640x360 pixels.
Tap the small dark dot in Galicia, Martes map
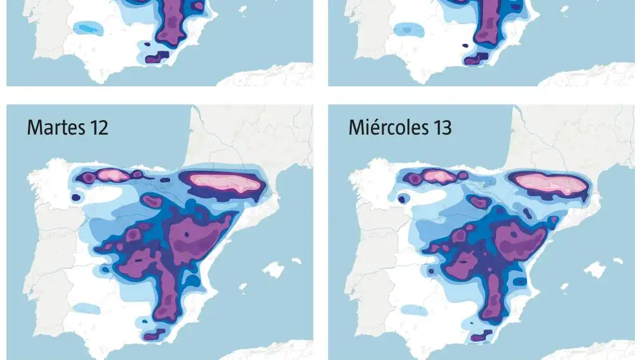click(76, 198)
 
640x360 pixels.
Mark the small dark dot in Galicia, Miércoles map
click(401, 198)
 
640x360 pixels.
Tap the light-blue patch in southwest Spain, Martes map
click(84, 309)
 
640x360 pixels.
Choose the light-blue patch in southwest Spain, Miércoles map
click(413, 310)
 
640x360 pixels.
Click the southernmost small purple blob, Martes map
click(155, 335)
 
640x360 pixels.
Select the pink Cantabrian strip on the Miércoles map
click(437, 175)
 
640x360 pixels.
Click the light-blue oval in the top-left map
click(86, 28)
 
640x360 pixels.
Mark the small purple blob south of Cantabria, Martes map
click(152, 201)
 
